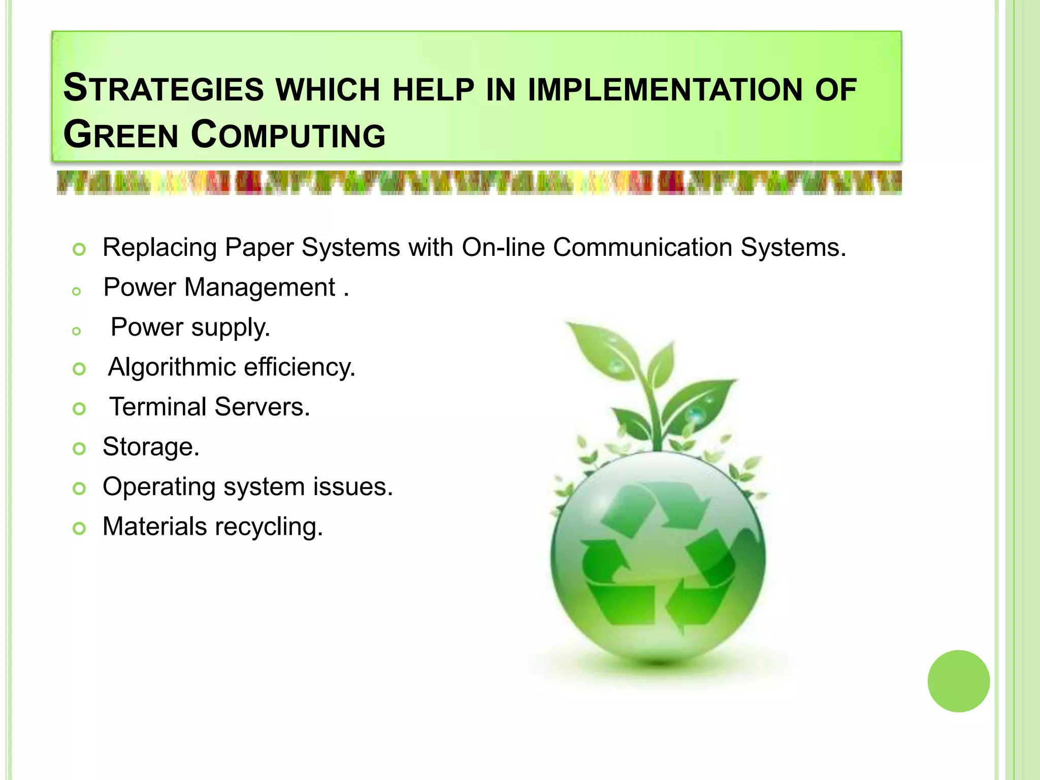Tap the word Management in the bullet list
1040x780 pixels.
(x=259, y=287)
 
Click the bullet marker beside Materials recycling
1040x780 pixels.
(x=79, y=529)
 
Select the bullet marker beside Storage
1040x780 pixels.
(x=79, y=449)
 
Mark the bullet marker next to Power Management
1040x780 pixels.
(x=77, y=291)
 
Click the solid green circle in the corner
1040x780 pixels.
(x=958, y=681)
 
